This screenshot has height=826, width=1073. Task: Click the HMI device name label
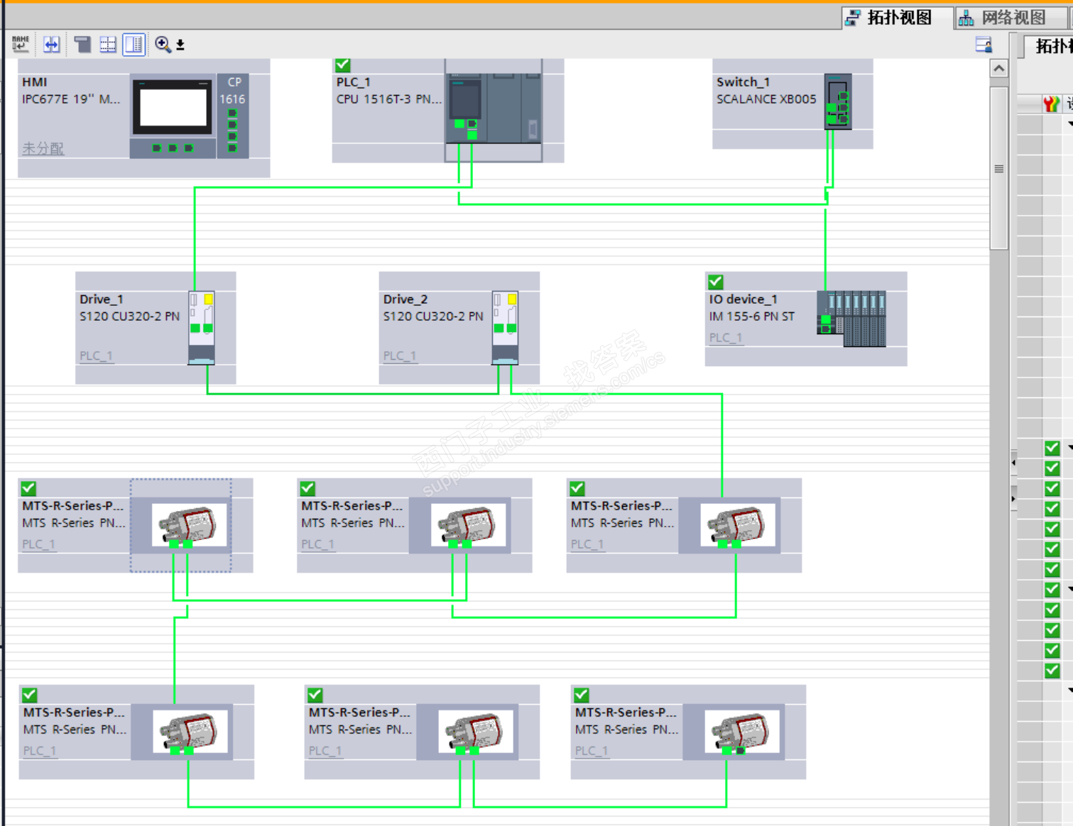coord(35,82)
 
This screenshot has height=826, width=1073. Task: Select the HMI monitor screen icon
coord(173,107)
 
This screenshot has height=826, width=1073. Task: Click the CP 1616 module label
coord(233,90)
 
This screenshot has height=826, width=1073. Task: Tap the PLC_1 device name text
coord(354,82)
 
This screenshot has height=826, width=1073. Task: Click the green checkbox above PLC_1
coord(342,65)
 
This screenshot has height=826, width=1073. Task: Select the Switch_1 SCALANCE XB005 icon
coord(838,101)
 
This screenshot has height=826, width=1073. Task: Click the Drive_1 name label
coord(102,299)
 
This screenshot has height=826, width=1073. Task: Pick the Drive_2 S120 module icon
coord(505,327)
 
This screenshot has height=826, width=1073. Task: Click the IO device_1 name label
coord(743,299)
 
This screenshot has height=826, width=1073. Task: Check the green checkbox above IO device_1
coord(716,282)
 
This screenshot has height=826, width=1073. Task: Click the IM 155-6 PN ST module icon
coord(851,318)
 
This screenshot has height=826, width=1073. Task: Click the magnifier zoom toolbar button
coord(163,45)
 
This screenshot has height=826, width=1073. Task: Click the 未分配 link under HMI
coord(43,148)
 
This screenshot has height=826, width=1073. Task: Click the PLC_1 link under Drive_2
coord(400,356)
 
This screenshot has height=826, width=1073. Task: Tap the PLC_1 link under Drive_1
coord(96,356)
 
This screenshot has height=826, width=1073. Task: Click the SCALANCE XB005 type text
coord(766,99)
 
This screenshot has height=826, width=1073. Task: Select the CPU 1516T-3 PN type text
coord(388,99)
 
